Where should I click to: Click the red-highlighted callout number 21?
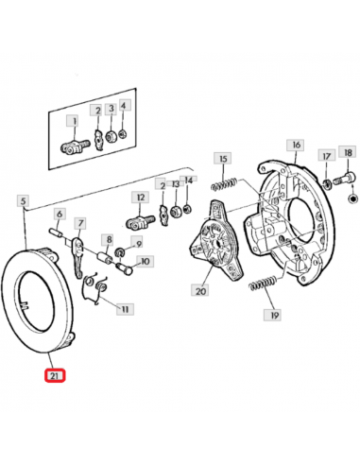click(x=55, y=375)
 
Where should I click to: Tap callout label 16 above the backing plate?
click(x=296, y=145)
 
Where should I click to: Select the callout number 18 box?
click(x=348, y=153)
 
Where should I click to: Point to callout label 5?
click(x=24, y=200)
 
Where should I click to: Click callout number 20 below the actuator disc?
click(x=200, y=291)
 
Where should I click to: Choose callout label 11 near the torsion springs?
click(x=125, y=309)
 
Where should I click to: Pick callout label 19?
click(x=274, y=316)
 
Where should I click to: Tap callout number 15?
click(x=223, y=159)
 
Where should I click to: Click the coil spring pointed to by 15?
click(x=224, y=184)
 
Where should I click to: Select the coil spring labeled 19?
click(x=263, y=284)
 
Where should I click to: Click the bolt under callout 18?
click(x=343, y=180)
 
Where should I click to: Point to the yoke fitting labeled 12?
click(x=140, y=221)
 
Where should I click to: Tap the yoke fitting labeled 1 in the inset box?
click(x=75, y=146)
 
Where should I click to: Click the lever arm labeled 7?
click(x=77, y=257)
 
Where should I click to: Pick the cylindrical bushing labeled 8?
click(x=105, y=256)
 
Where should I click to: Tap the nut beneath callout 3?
click(x=111, y=136)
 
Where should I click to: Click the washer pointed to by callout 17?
click(x=327, y=183)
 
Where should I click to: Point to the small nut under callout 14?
click(x=187, y=209)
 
